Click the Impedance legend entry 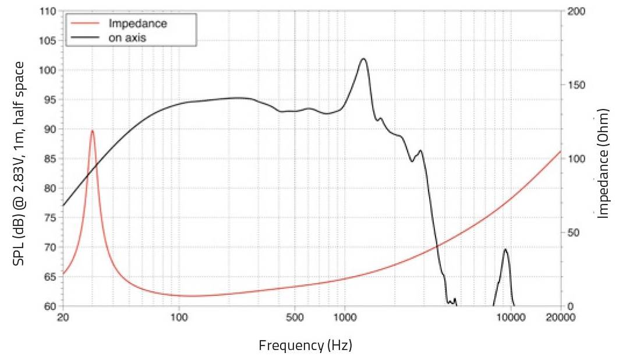[137, 24]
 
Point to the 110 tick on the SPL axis [50, 12]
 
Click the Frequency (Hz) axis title [305, 345]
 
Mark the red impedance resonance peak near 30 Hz [92, 130]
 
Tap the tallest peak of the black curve [363, 59]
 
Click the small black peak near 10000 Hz [505, 249]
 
